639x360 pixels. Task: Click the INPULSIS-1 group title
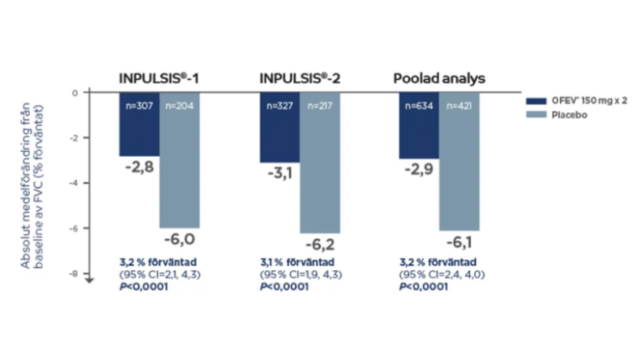158,78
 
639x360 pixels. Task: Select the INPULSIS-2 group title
300,78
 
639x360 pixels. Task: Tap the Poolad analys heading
439,78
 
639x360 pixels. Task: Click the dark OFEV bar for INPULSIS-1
139,125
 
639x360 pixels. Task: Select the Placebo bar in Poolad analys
459,164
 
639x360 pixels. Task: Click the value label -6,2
320,246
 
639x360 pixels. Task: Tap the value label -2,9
418,171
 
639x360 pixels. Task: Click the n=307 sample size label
139,107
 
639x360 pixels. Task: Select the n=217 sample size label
320,107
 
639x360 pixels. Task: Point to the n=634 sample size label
418,107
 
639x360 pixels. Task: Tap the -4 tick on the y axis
75,183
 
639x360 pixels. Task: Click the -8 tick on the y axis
75,274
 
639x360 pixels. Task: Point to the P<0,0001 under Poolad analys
424,287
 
